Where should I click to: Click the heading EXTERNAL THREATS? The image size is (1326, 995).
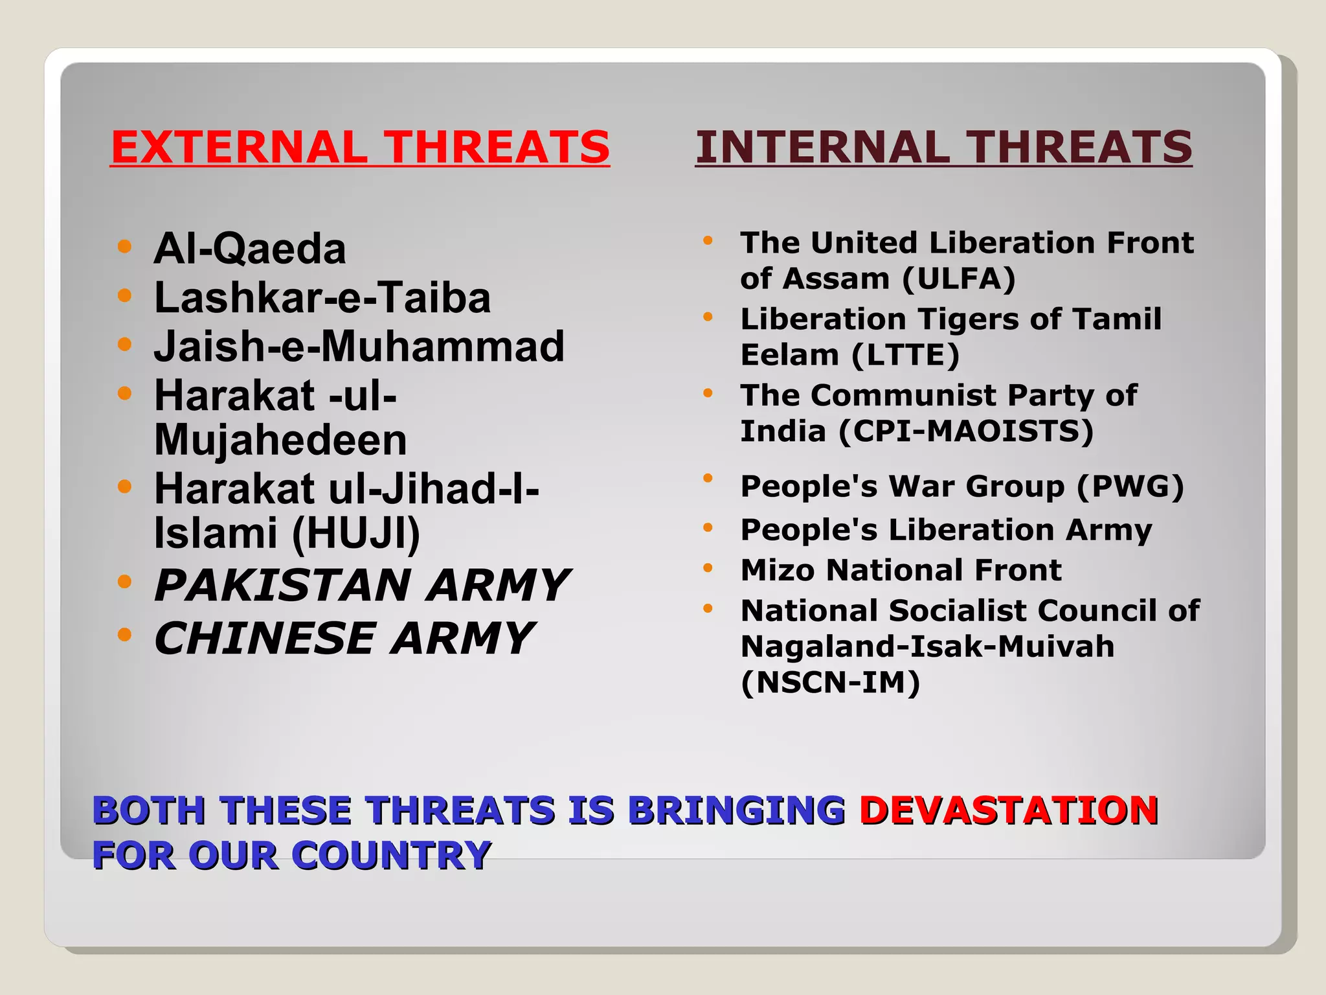(x=360, y=147)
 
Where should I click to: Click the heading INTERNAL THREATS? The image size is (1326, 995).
(x=943, y=147)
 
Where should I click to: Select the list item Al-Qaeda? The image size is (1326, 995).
(x=250, y=249)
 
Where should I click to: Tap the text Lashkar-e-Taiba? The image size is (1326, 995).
(x=322, y=298)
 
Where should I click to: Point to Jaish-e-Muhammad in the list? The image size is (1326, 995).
(x=359, y=347)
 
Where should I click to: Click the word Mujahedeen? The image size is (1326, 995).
(x=280, y=440)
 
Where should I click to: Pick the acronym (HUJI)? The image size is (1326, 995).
(x=356, y=534)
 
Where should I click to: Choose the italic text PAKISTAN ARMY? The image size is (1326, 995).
(x=361, y=586)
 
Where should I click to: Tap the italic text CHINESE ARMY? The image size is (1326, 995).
(x=343, y=639)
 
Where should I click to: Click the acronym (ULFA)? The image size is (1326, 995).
(x=958, y=279)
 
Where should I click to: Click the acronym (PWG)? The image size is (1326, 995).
(x=1130, y=486)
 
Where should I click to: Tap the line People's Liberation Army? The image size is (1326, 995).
(x=946, y=530)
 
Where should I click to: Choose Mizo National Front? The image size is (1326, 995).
(x=901, y=571)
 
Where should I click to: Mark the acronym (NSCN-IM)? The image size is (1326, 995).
(x=830, y=683)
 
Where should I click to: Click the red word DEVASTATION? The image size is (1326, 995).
(x=1008, y=810)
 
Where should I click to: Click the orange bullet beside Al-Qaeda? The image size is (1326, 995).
(x=125, y=247)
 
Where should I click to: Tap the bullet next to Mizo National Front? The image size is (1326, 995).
(x=708, y=568)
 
